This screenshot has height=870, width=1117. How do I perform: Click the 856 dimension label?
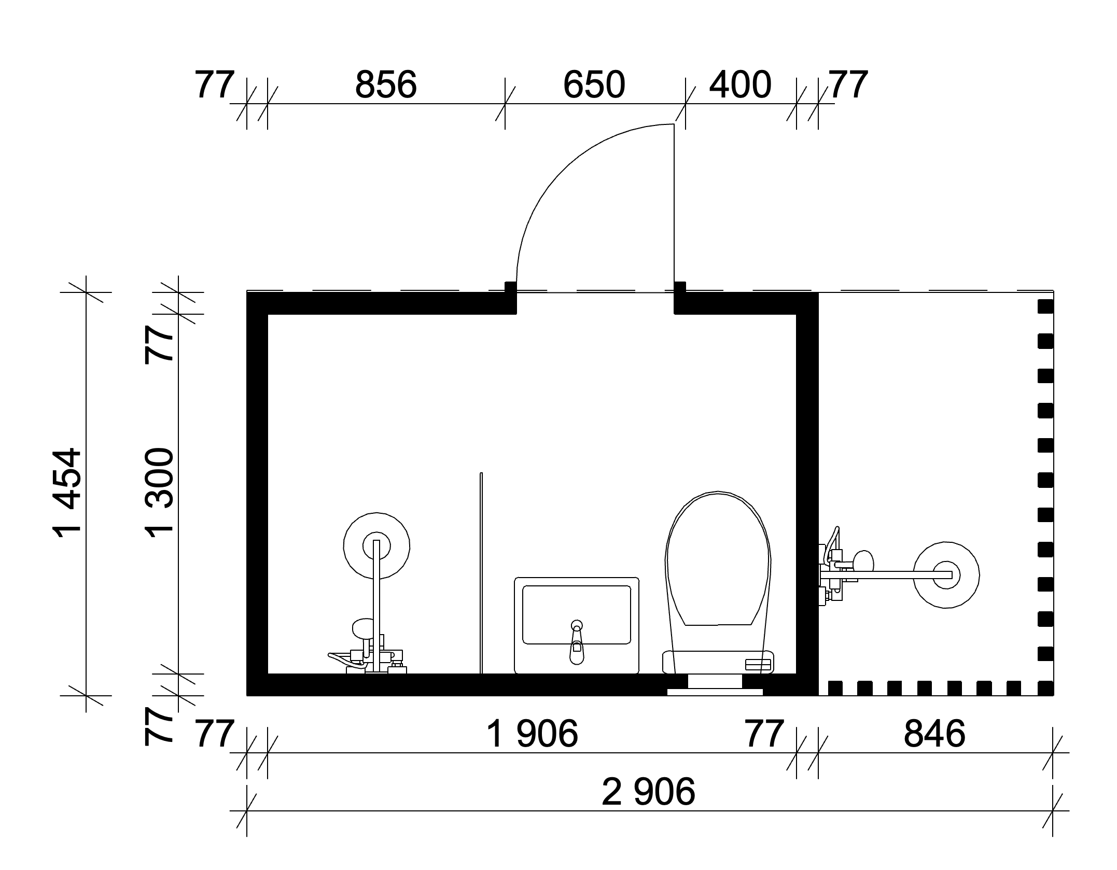click(x=386, y=85)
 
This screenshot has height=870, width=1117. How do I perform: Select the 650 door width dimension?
click(x=594, y=85)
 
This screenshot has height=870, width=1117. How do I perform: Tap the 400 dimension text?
click(x=740, y=85)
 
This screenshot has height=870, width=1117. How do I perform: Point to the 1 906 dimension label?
click(x=533, y=734)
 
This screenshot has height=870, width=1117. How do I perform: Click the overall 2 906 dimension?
click(x=648, y=792)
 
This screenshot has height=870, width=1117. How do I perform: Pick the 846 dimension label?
click(x=934, y=734)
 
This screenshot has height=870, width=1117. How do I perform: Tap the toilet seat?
click(x=718, y=559)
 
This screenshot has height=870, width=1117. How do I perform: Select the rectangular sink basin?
click(x=576, y=625)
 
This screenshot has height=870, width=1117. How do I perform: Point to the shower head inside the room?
click(x=376, y=545)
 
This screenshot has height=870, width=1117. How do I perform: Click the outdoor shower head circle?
click(x=946, y=574)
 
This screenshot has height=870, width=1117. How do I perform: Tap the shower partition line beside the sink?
click(x=481, y=573)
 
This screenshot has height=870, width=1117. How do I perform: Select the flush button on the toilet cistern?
click(x=758, y=664)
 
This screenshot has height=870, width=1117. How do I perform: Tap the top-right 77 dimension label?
click(x=848, y=85)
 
